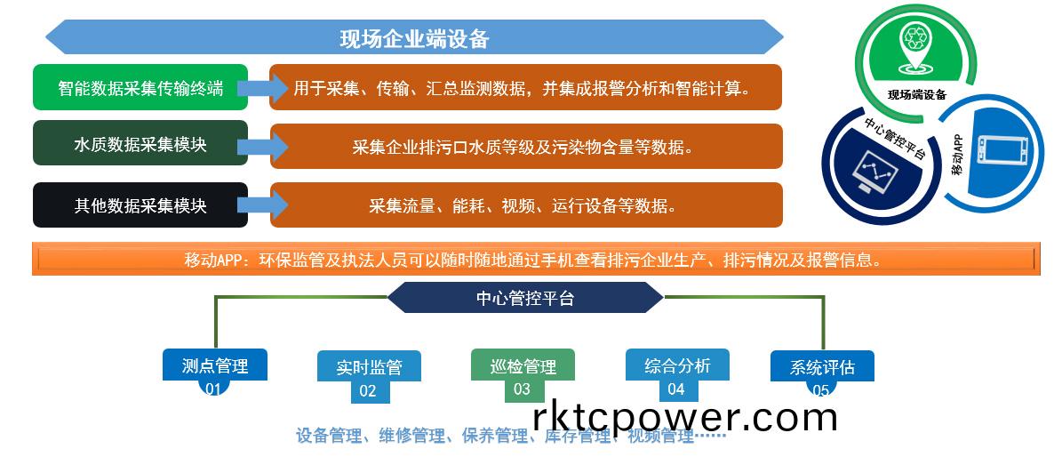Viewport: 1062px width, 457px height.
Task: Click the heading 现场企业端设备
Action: (x=414, y=38)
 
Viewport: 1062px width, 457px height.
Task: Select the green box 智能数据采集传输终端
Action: (x=140, y=88)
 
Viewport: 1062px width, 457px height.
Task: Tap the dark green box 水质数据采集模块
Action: (x=140, y=145)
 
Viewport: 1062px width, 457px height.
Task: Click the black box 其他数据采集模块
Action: (x=140, y=205)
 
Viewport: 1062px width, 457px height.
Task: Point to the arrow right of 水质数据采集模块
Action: (x=264, y=145)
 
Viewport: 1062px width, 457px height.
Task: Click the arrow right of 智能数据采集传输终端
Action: (x=264, y=87)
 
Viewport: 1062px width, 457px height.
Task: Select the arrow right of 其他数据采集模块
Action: (x=264, y=205)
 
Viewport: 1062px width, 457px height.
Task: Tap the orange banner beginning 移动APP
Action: (x=533, y=261)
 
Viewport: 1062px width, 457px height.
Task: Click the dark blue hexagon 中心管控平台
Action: (x=525, y=298)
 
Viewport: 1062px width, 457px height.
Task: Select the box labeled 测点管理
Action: (x=214, y=364)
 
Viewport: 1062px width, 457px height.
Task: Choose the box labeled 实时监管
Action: (x=369, y=366)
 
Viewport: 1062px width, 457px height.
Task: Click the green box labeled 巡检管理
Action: (x=523, y=365)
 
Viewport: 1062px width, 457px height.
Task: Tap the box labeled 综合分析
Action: (x=677, y=365)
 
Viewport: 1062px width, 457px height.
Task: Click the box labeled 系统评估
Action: (x=821, y=365)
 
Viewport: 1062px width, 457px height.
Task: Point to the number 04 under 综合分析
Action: (x=676, y=389)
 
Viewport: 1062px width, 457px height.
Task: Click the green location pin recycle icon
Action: (x=914, y=44)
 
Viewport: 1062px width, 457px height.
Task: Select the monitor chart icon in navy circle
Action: (x=871, y=172)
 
